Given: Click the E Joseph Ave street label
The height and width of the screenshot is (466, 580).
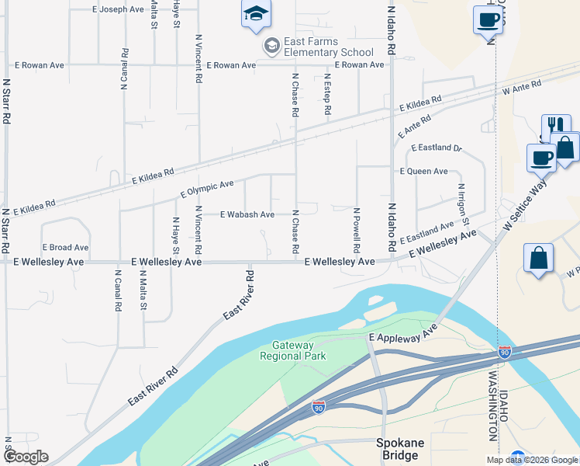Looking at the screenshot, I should (x=118, y=9).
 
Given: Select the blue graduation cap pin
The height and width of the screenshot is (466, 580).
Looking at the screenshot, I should (x=256, y=15).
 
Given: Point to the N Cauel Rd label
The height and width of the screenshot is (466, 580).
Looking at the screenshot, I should (x=124, y=70).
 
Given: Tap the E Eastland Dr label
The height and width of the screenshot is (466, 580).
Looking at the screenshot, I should (x=436, y=148).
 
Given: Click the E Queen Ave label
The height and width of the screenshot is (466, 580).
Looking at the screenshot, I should (x=423, y=171).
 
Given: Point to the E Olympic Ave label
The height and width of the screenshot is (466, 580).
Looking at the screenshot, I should (x=207, y=189).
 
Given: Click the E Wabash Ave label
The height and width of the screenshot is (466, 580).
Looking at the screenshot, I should (x=247, y=214).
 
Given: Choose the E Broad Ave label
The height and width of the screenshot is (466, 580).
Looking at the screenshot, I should (x=65, y=248).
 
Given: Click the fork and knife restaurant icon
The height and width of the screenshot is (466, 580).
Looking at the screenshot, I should (x=556, y=127).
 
